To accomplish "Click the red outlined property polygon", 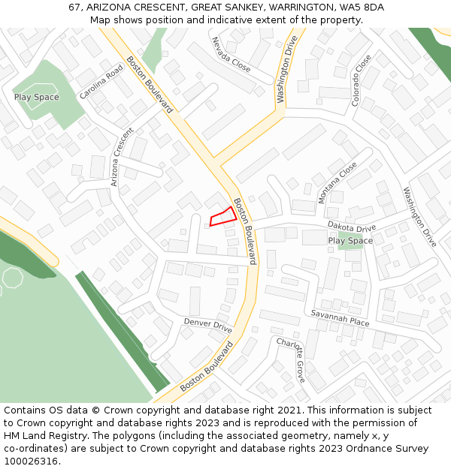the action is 223,217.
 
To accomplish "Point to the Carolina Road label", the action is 101,82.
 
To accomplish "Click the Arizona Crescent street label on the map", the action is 121,157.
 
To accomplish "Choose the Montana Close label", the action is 337,182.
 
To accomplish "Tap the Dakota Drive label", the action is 351,227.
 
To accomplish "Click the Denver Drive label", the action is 208,326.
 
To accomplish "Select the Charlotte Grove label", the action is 291,360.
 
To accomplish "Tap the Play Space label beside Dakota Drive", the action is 350,241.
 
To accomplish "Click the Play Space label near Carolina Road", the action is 36,98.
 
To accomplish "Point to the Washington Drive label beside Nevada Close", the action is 286,69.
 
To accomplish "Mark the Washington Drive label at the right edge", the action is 419,217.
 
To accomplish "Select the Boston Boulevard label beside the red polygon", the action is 245,231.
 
